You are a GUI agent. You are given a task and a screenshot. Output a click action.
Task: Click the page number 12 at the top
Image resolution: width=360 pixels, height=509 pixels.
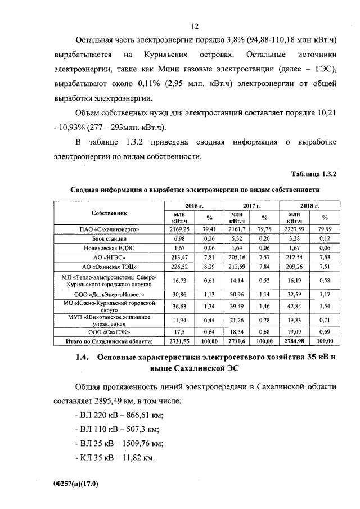pyautogui.click(x=195, y=26)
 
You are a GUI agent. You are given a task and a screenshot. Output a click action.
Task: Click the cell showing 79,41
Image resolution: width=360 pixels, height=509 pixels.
pyautogui.click(x=210, y=229)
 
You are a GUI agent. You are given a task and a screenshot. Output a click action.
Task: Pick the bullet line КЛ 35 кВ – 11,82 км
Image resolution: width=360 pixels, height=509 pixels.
pyautogui.click(x=114, y=458)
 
